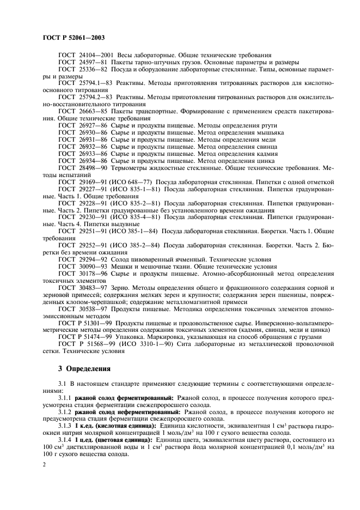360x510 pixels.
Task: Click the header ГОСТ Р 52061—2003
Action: pos(74,38)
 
